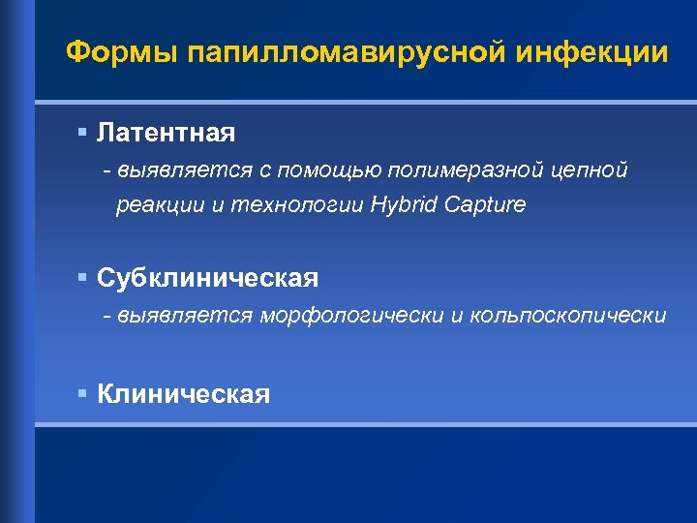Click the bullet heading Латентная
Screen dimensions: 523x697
click(x=166, y=130)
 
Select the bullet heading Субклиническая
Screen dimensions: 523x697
click(x=207, y=279)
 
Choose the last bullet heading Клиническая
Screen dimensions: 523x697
click(x=184, y=394)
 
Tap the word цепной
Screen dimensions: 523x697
click(x=591, y=170)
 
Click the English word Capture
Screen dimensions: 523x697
click(x=486, y=205)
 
